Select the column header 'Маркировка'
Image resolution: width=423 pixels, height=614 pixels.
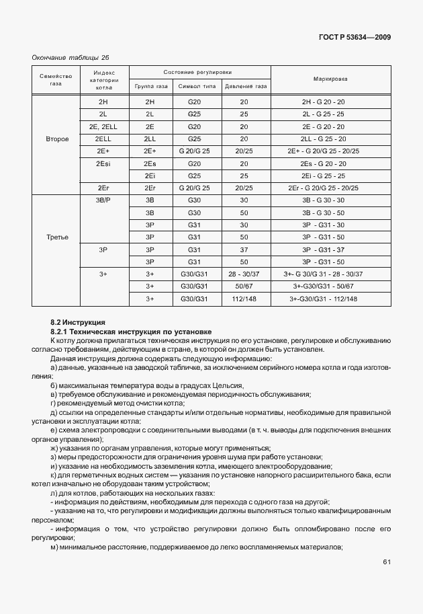(330, 79)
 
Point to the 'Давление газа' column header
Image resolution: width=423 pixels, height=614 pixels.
(245, 87)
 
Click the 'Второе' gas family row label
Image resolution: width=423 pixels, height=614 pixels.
(57, 139)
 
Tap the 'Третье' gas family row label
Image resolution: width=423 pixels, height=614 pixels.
(57, 237)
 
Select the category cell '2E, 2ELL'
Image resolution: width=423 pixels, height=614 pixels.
(103, 126)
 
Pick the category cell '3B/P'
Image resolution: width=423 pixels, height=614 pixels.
(103, 200)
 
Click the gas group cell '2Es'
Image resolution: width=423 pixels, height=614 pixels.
(149, 163)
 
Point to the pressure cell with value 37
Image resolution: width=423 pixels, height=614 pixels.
(244, 250)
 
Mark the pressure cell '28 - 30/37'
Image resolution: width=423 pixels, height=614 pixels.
(244, 274)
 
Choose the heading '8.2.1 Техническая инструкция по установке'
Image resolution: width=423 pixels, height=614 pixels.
(131, 332)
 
